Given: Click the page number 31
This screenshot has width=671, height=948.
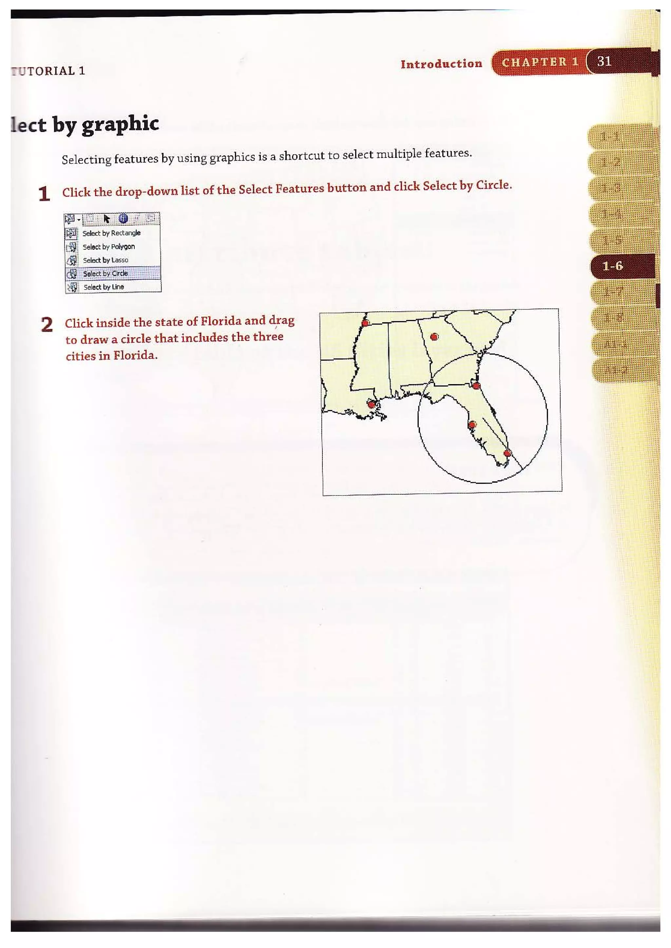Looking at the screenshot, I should click(x=604, y=61).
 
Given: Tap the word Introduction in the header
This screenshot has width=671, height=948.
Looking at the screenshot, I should click(x=441, y=64).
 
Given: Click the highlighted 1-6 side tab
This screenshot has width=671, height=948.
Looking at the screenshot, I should click(x=613, y=266).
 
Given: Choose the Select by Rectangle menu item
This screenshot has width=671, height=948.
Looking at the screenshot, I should click(x=111, y=233).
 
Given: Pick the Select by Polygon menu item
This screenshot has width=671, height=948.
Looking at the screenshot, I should click(x=109, y=247).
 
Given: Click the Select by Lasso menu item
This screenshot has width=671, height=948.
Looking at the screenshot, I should click(x=105, y=260).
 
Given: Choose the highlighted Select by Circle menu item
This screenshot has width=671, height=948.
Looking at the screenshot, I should click(x=105, y=273).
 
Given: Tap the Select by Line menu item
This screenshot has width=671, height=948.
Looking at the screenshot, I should click(x=104, y=287).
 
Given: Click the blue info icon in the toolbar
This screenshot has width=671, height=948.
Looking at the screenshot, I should click(x=123, y=218).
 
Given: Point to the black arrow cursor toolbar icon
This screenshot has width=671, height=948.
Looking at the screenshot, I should click(x=106, y=218).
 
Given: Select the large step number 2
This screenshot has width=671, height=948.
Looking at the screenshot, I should click(x=47, y=325).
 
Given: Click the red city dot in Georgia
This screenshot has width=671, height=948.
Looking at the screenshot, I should click(x=434, y=337).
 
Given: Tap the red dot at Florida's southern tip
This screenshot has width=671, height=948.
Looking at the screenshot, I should click(x=508, y=453).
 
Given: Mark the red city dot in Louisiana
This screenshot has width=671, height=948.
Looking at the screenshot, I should click(x=372, y=404).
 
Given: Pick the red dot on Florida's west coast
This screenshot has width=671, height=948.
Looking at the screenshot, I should click(x=472, y=424).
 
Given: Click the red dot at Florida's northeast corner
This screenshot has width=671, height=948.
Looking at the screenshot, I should click(x=476, y=386).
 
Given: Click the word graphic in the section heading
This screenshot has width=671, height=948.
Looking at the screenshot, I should click(x=120, y=124).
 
